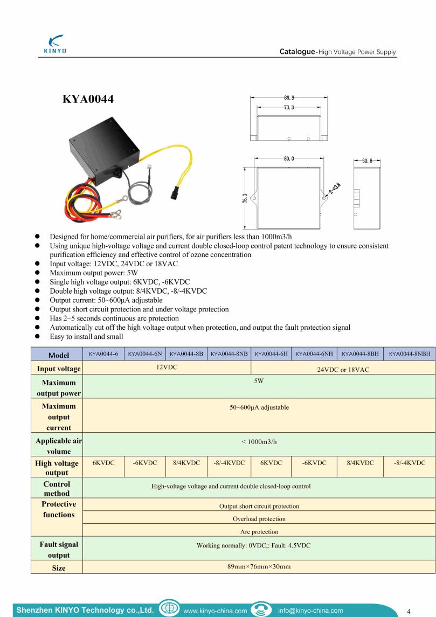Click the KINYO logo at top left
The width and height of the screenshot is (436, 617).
[55, 44]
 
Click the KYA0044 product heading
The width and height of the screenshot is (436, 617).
[88, 99]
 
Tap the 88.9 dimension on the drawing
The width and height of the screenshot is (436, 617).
[289, 98]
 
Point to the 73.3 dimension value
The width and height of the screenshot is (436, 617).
[289, 107]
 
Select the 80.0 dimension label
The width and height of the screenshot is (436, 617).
[289, 158]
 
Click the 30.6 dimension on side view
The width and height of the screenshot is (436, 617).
[367, 161]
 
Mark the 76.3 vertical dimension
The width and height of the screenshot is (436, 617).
[245, 198]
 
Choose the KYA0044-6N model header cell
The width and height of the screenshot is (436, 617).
[145, 354]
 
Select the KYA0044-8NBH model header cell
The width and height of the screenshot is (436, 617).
[410, 354]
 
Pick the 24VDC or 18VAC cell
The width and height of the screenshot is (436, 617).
[343, 370]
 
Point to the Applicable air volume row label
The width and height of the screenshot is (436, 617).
[58, 446]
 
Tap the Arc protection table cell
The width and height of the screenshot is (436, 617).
[259, 531]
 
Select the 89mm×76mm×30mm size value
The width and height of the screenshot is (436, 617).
[259, 566]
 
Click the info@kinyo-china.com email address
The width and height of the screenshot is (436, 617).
[310, 611]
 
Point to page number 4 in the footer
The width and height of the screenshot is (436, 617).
[409, 611]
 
